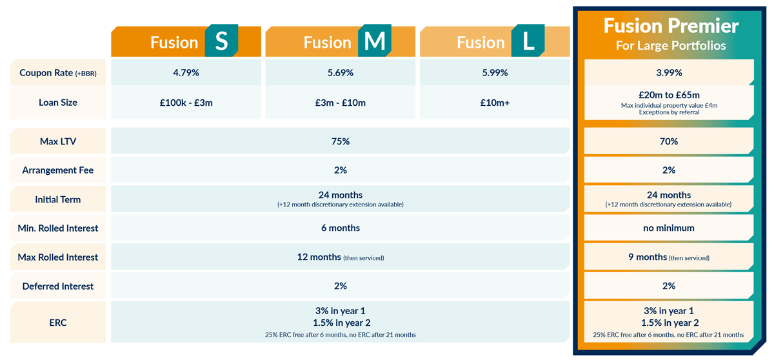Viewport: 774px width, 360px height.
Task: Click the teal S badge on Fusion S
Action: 221,42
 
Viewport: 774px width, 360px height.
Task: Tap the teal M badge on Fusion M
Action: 375,42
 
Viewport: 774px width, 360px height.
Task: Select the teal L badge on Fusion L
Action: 528,42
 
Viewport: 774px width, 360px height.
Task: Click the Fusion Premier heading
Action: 671,26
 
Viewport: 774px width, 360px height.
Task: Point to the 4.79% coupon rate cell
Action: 186,73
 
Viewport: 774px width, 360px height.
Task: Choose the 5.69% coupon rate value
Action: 340,73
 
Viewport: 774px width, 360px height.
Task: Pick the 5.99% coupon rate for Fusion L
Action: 494,73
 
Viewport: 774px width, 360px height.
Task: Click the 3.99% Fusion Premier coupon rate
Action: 669,73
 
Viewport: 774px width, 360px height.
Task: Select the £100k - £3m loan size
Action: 186,103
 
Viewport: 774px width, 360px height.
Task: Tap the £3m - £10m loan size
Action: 340,103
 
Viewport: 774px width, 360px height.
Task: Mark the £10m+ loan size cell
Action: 494,103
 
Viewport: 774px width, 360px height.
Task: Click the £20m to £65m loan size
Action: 669,95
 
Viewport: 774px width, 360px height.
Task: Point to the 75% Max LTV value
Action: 340,141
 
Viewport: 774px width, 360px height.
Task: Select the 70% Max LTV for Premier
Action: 669,141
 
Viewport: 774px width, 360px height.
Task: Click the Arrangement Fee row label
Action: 58,170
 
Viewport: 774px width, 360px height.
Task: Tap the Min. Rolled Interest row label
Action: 58,228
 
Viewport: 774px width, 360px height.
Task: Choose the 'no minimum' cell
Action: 669,228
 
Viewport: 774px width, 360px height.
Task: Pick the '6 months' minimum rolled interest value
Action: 340,228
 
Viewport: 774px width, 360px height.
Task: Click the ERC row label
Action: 58,322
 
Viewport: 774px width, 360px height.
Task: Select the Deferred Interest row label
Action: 58,286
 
